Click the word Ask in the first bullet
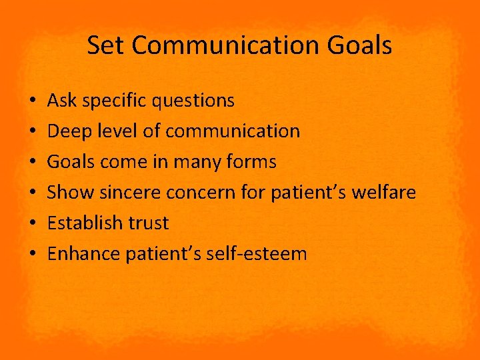[x=61, y=101]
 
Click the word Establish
[x=80, y=223]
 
